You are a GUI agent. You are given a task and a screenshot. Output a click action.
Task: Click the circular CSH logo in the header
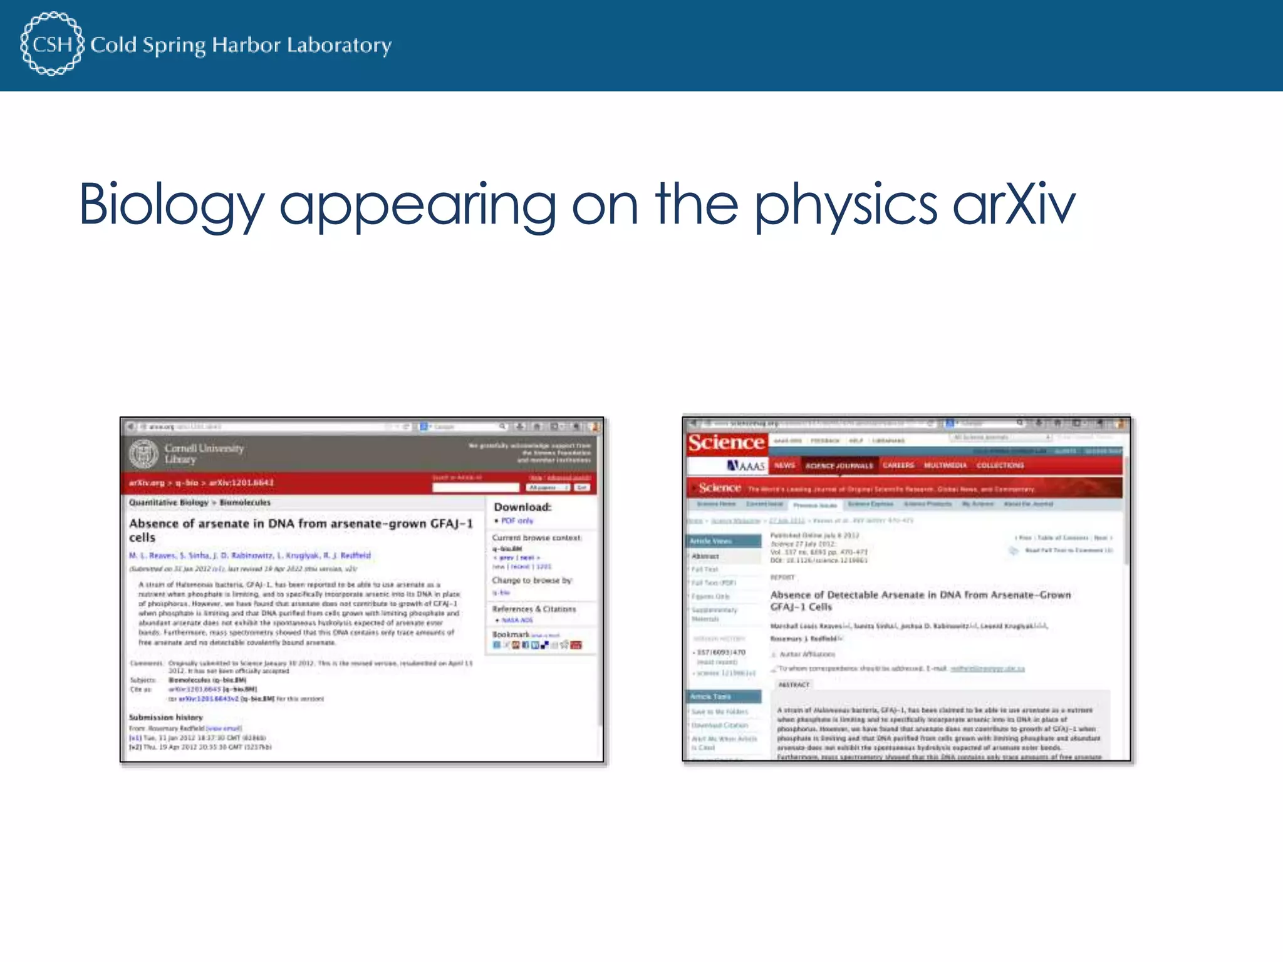51,44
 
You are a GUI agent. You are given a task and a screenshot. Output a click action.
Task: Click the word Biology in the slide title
172,205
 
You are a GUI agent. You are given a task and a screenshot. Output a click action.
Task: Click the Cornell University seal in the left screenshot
144,454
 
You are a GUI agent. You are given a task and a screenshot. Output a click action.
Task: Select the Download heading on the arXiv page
522,507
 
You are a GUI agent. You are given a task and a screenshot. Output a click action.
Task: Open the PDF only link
517,520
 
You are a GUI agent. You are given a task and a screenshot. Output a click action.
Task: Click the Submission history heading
166,717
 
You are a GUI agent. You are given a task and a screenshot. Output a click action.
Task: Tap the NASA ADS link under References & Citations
517,620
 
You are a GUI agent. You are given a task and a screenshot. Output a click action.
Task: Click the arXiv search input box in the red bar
476,487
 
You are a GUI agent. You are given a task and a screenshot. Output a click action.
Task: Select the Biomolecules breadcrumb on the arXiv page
245,502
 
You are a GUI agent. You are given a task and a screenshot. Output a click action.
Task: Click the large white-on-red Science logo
726,443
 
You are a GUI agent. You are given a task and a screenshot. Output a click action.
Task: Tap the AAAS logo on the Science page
745,465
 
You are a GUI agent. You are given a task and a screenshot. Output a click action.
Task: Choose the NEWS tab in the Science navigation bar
784,465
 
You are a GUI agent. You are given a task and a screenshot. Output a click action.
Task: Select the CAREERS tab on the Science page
898,465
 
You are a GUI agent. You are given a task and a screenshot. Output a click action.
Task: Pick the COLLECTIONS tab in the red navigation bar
1000,465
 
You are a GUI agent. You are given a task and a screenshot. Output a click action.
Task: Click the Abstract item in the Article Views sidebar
705,556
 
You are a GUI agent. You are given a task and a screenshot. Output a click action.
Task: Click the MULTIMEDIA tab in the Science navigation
945,465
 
